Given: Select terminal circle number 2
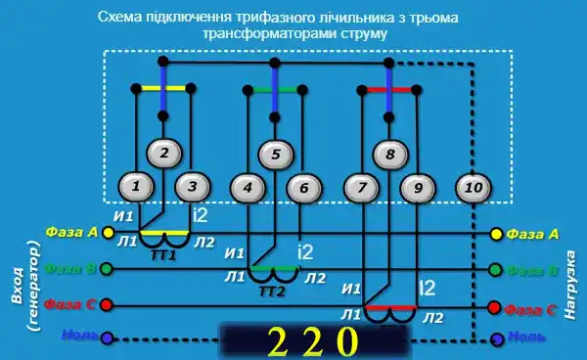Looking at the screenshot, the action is click(164, 153).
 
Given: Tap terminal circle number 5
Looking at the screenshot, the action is click(276, 153).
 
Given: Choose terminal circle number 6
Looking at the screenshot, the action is click(303, 186).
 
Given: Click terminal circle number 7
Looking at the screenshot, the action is click(363, 186).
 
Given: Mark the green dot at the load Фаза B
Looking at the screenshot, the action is click(496, 270).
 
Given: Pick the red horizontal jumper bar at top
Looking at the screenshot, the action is click(388, 89).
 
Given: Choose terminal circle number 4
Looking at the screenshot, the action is click(248, 186).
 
